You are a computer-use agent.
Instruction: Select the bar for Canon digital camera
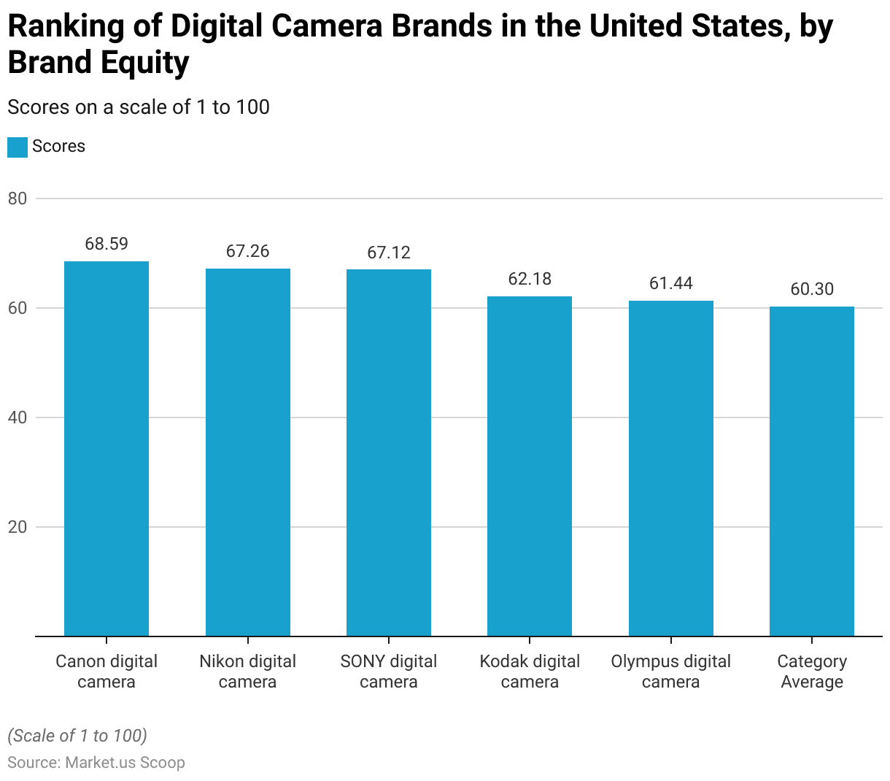(107, 449)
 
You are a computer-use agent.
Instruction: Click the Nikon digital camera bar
(248, 453)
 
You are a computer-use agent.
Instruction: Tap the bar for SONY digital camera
(389, 453)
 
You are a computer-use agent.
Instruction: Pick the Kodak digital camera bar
(530, 466)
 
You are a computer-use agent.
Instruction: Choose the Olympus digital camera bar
(671, 469)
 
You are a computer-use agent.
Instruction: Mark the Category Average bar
(812, 472)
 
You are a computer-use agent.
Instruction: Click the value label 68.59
(107, 244)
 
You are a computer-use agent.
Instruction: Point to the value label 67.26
(248, 251)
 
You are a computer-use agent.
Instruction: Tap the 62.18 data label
(530, 279)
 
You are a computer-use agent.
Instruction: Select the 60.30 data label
(812, 289)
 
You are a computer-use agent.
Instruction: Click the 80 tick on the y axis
(18, 199)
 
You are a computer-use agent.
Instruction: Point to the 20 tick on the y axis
(18, 527)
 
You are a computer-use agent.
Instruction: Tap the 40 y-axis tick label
(18, 418)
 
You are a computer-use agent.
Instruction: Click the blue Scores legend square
(18, 147)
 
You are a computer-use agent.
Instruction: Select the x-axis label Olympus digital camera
(671, 672)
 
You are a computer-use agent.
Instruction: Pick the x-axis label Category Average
(812, 672)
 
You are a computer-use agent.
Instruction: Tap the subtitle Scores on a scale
(139, 107)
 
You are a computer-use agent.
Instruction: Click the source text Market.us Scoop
(125, 763)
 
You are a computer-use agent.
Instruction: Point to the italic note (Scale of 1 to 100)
(77, 735)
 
